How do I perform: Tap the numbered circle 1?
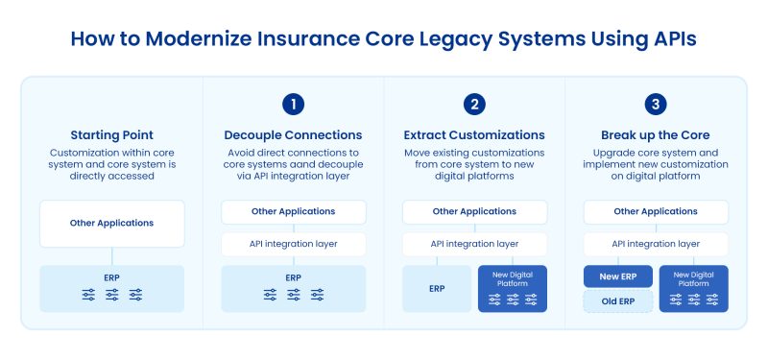293,104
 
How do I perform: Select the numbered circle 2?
474,104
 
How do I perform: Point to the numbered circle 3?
656,104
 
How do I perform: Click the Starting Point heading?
111,134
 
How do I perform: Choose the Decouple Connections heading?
293,134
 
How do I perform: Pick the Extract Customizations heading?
474,134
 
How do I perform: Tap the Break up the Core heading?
656,134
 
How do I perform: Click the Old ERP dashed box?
617,301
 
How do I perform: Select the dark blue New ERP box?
617,277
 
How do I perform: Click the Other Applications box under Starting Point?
111,224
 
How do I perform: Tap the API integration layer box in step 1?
293,244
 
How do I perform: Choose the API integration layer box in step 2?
474,244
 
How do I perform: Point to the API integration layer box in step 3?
656,244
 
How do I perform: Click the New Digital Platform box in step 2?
512,288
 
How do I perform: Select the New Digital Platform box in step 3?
693,288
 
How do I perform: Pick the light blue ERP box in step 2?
437,288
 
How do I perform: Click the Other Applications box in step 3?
656,211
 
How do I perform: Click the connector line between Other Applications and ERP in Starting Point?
111,256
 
